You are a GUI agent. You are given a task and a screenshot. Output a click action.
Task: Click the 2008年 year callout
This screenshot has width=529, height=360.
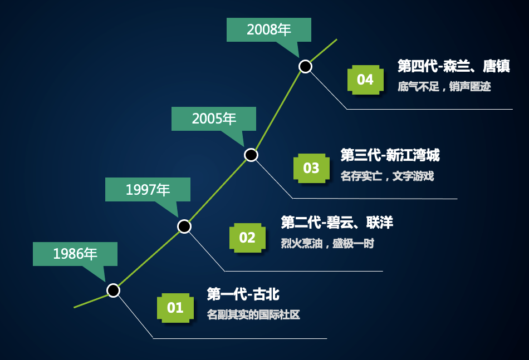269,30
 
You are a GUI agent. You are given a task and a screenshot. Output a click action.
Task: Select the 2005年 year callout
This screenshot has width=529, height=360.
214,119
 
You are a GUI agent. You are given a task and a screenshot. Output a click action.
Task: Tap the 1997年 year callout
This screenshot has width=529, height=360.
148,190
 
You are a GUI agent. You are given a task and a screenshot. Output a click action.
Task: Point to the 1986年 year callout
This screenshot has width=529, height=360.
75,254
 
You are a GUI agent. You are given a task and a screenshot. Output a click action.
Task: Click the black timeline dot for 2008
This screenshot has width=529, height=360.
305,66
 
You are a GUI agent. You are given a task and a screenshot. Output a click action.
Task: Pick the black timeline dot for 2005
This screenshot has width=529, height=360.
251,155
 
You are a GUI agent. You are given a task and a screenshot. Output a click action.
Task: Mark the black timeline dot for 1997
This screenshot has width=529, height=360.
184,226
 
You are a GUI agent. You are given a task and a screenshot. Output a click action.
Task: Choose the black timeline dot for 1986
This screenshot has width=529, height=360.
114,290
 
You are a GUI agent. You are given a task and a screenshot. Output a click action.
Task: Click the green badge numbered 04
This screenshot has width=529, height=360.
365,80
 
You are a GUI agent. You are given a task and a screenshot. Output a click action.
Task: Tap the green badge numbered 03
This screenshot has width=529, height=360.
311,168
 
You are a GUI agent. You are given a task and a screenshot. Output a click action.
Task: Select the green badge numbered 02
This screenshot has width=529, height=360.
247,238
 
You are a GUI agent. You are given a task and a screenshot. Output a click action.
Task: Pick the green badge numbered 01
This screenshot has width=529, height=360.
175,308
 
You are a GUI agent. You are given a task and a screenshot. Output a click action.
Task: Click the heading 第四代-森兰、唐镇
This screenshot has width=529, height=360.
453,66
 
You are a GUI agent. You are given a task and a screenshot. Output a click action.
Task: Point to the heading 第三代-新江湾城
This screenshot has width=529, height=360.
390,155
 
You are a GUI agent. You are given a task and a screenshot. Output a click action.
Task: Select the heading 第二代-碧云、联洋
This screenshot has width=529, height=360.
337,223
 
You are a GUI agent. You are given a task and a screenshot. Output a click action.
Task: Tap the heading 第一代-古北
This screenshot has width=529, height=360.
243,294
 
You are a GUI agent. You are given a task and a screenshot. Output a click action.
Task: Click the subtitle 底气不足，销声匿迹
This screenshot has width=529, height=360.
444,87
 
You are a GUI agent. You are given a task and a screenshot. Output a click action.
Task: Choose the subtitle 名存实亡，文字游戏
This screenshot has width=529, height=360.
388,176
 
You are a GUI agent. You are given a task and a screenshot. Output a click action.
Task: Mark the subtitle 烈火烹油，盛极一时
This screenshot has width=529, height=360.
327,243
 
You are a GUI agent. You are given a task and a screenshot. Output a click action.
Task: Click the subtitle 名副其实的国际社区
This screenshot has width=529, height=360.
253,314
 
